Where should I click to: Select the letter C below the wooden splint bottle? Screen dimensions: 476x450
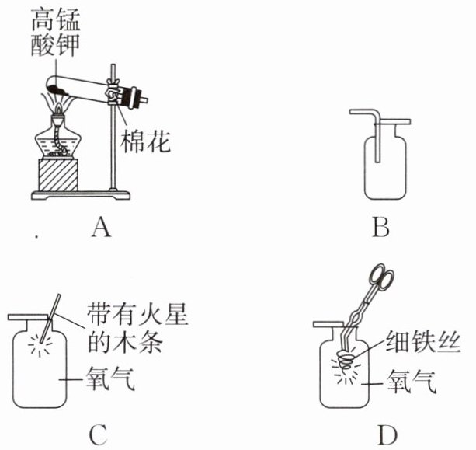98,436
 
